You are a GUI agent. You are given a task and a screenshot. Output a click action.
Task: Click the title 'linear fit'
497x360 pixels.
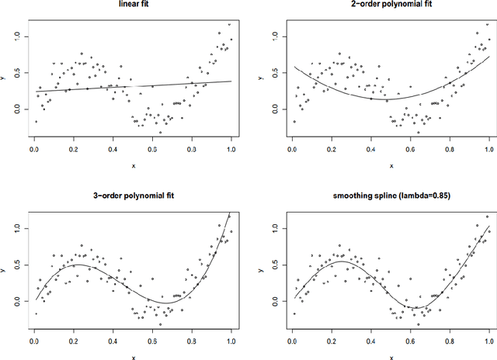click(132, 7)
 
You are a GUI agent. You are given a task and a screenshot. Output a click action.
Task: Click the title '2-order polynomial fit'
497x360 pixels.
click(391, 7)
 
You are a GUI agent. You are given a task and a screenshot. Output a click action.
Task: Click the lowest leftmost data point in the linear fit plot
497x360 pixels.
click(35, 121)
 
